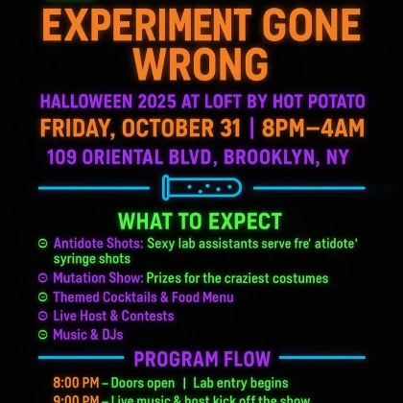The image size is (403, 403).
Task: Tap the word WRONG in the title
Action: [201, 62]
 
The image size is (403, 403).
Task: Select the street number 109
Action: [64, 156]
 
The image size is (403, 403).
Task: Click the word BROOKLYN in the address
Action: [277, 156]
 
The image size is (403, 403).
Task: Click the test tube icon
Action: [201, 187]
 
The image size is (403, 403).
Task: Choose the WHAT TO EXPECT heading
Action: [201, 222]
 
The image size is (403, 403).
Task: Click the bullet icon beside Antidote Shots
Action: [42, 244]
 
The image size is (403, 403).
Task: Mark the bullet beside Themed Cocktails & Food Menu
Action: [42, 297]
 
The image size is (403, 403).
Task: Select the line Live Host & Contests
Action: [113, 316]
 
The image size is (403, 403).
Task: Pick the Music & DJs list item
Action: [88, 335]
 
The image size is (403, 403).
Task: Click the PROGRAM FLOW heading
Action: [201, 360]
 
